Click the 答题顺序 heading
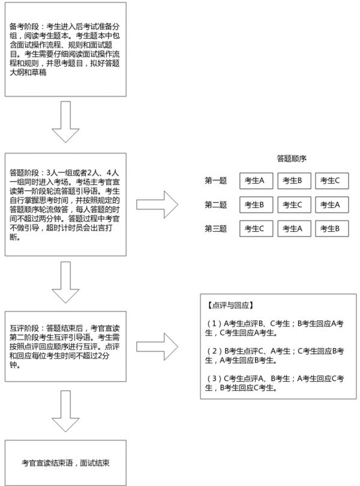[292, 159]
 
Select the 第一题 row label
[216, 181]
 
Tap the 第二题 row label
[216, 205]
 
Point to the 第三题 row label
[216, 229]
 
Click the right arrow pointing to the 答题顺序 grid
[157, 204]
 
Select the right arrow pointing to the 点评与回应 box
[157, 346]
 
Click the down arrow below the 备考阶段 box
[66, 123]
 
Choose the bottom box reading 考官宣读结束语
[65, 464]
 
